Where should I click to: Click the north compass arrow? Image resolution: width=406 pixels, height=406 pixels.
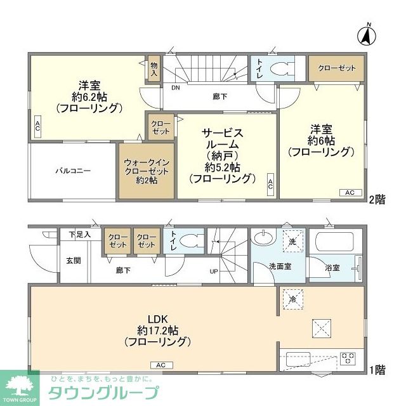[x=367, y=36]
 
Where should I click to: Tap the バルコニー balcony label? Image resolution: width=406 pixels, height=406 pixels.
[x=73, y=171]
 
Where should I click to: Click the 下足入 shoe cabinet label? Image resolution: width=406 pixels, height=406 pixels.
[x=79, y=235]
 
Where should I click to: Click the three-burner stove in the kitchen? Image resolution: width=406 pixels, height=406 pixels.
[x=348, y=357]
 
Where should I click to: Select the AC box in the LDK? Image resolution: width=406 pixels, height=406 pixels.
[x=161, y=365]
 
